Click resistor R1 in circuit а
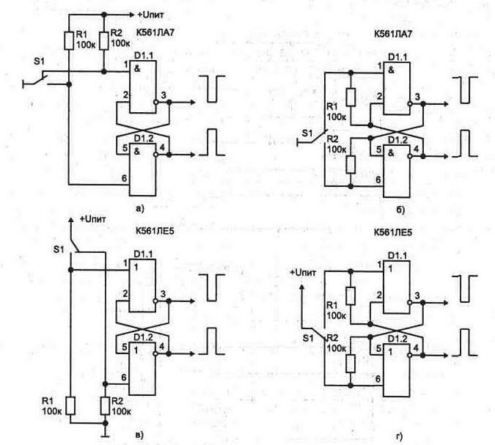[69, 41]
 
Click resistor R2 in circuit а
[103, 41]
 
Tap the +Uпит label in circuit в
[93, 218]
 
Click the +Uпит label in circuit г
[306, 272]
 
